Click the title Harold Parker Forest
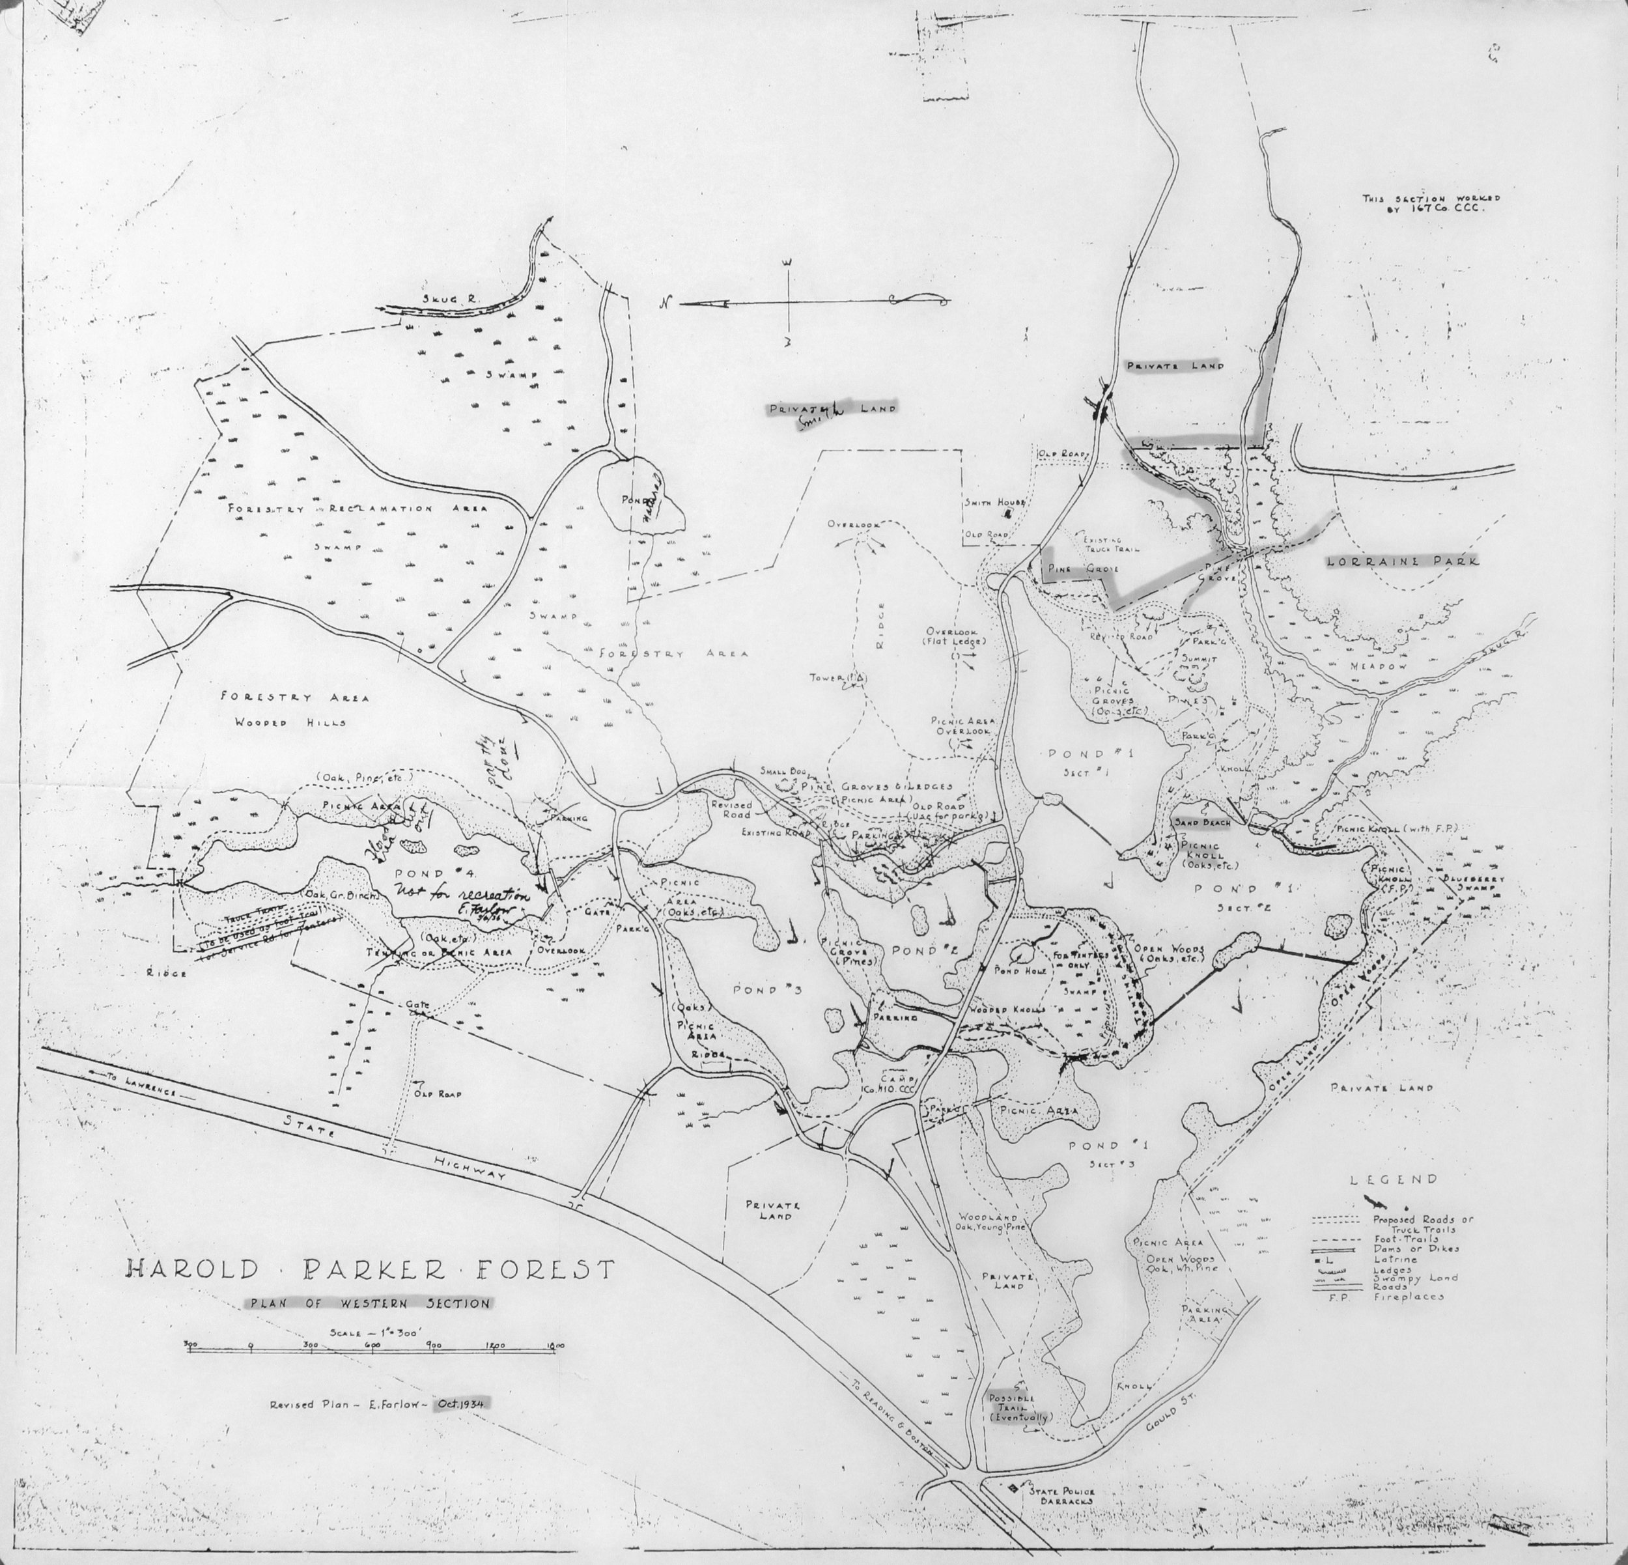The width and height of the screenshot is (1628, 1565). tap(371, 1269)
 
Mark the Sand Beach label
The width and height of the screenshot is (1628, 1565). tap(1201, 821)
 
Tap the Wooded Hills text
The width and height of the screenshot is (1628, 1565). tap(289, 722)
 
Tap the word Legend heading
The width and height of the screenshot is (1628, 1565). tap(1394, 1179)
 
